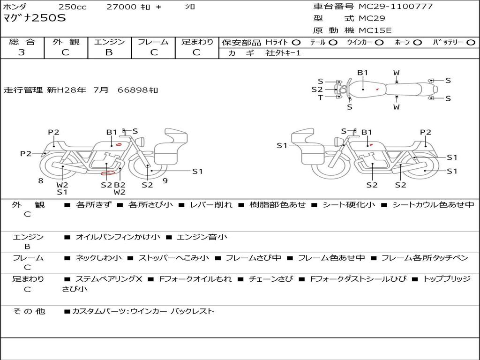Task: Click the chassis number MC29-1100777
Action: pyautogui.click(x=396, y=7)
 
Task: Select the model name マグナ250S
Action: pyautogui.click(x=35, y=19)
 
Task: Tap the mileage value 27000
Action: pyautogui.click(x=121, y=7)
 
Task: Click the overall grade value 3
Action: pyautogui.click(x=22, y=52)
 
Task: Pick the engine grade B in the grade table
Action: pyautogui.click(x=109, y=52)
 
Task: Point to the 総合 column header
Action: pyautogui.click(x=22, y=42)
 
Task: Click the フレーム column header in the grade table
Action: pyautogui.click(x=153, y=42)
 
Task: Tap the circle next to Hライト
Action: pyautogui.click(x=296, y=43)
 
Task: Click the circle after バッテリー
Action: pyautogui.click(x=471, y=43)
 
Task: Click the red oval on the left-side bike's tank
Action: pyautogui.click(x=119, y=144)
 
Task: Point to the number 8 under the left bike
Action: pyautogui.click(x=41, y=180)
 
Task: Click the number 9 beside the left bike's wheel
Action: pyautogui.click(x=165, y=180)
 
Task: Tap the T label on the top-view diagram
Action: pyautogui.click(x=321, y=97)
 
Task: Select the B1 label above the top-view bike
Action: pyautogui.click(x=363, y=73)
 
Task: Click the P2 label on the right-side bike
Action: pyautogui.click(x=425, y=132)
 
